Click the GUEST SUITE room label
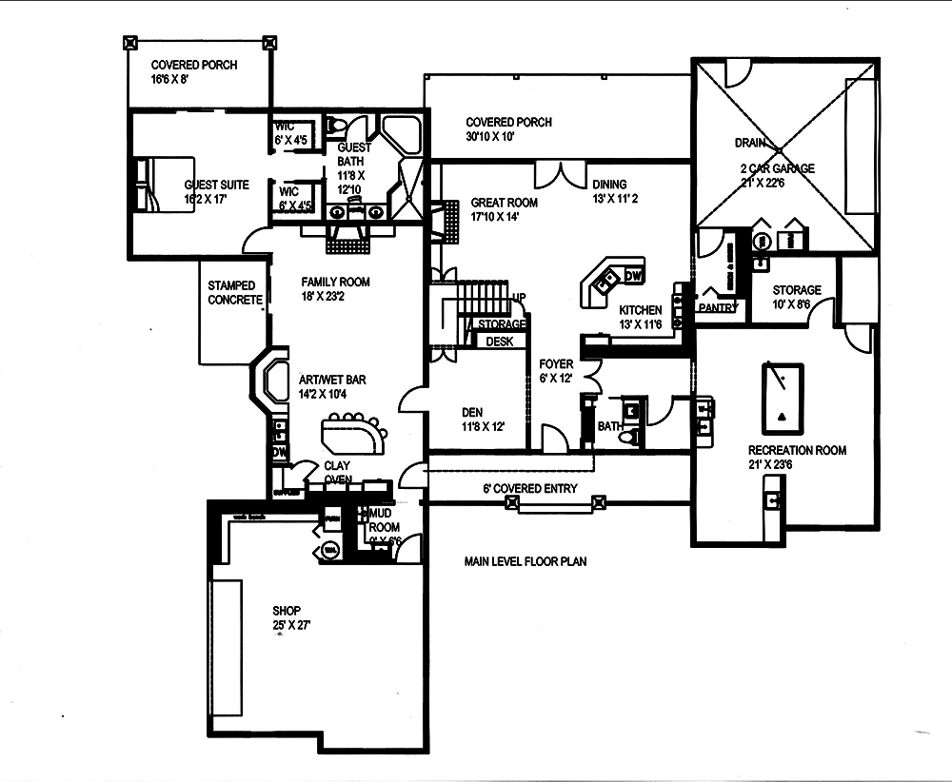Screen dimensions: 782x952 pyautogui.click(x=217, y=186)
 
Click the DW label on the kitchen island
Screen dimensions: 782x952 pyautogui.click(x=634, y=276)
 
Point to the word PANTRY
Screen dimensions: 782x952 pyautogui.click(x=716, y=308)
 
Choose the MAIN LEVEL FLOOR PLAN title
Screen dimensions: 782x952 pyautogui.click(x=526, y=561)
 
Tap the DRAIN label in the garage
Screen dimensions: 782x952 pyautogui.click(x=750, y=143)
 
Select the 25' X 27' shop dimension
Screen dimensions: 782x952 pyautogui.click(x=290, y=625)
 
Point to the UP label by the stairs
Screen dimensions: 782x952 pyautogui.click(x=519, y=297)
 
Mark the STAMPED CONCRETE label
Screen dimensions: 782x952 pyautogui.click(x=235, y=293)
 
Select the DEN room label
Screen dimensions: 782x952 pyautogui.click(x=471, y=412)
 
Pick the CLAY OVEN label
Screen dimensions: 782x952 pyautogui.click(x=338, y=473)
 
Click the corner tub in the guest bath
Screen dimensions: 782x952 pyautogui.click(x=398, y=132)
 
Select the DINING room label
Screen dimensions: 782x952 pyautogui.click(x=610, y=185)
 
